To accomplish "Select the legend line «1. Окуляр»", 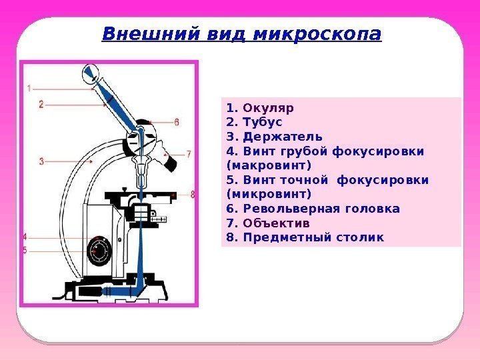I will pyautogui.click(x=260, y=107).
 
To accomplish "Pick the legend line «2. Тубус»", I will pyautogui.click(x=255, y=122).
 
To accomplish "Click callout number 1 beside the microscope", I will pyautogui.click(x=29, y=87).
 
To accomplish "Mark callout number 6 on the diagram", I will pyautogui.click(x=177, y=122).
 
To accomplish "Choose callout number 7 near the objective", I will pyautogui.click(x=189, y=153).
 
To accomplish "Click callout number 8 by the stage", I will pyautogui.click(x=193, y=195).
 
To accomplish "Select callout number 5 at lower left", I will pyautogui.click(x=25, y=250).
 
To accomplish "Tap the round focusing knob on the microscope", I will pyautogui.click(x=100, y=250).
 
